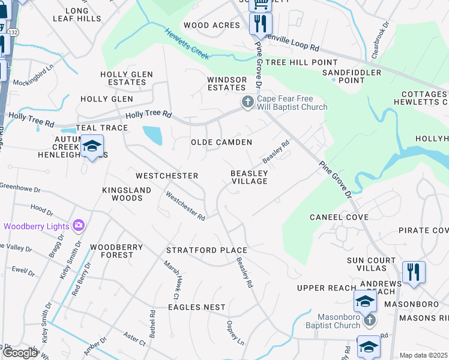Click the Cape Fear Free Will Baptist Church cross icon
247,103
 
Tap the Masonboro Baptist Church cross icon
370,319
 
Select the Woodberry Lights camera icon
78,226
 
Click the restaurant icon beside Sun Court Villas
413,271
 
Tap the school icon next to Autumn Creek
92,146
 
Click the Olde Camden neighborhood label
221,142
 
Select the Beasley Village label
249,177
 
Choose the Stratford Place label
206,250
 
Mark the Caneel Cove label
339,217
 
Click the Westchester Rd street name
186,206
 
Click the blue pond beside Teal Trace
152,135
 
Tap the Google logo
20,353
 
